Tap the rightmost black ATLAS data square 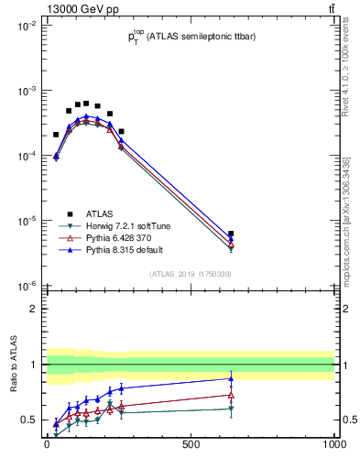click(x=232, y=234)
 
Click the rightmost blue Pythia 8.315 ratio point click(x=232, y=378)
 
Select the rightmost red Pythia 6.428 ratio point click(x=232, y=395)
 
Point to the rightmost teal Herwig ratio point click(x=232, y=409)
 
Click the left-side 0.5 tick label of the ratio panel click(x=29, y=420)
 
